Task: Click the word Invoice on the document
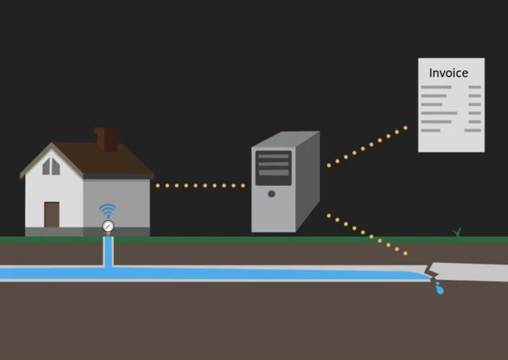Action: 448,73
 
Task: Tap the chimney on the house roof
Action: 106,138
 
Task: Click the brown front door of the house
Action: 52,214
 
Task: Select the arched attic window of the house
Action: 51,166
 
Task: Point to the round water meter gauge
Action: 108,226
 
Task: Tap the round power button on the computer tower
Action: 271,193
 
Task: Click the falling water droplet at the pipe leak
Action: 439,289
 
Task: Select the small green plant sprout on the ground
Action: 457,233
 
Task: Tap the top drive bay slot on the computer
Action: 273,155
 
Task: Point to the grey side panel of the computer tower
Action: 307,182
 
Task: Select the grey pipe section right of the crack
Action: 473,272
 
